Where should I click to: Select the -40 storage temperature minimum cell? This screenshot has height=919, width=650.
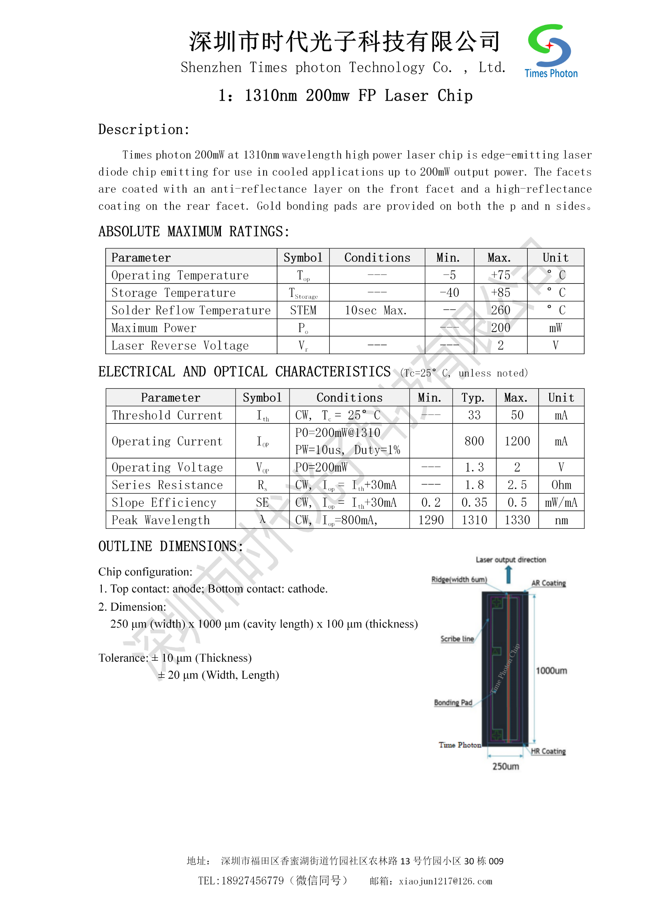449,293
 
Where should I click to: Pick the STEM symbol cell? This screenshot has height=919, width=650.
303,310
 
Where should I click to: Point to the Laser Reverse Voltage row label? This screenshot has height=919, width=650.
180,345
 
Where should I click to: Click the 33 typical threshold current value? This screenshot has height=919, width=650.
474,415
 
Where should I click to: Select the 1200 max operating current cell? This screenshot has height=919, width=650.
517,441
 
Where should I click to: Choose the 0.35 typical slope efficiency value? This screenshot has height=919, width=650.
474,503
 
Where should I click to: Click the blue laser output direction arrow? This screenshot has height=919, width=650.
508,574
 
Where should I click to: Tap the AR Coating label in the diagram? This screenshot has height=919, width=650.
548,583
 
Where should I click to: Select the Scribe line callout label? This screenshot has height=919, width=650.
457,639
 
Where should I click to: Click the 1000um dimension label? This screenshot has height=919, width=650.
551,671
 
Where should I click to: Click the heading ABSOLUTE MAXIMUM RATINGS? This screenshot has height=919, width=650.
194,232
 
